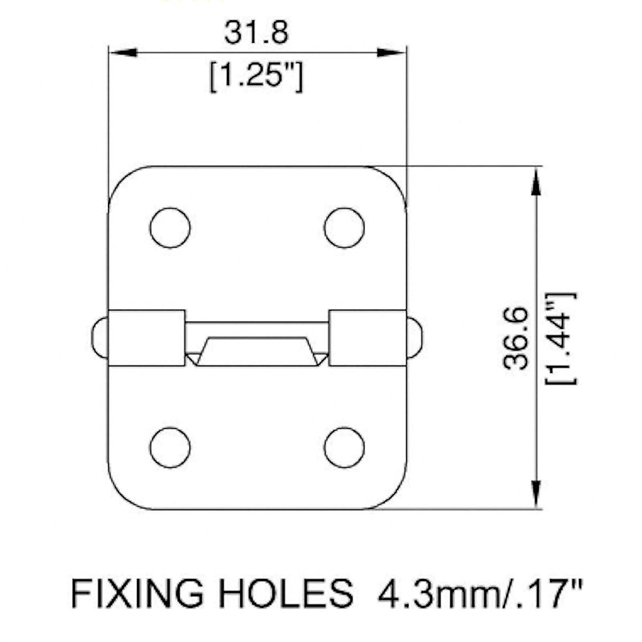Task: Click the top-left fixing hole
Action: tap(170, 227)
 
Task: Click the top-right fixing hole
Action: tap(344, 227)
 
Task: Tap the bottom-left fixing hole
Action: tap(170, 447)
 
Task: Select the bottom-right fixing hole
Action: tap(344, 447)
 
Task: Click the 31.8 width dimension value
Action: tap(256, 33)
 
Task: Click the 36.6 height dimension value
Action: tap(516, 338)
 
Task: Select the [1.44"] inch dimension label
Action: tap(561, 338)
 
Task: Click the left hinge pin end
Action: tap(100, 338)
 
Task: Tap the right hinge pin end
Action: tap(415, 338)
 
